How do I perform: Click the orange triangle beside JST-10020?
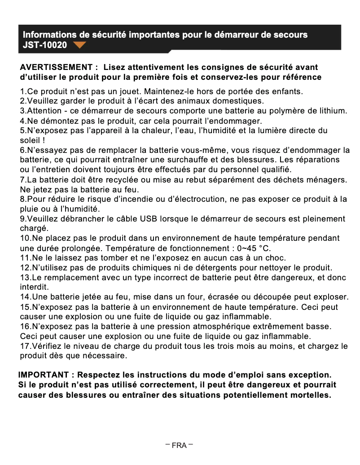79,45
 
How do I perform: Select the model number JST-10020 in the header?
45,45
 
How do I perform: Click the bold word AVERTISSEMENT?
57,67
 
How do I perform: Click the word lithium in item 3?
333,111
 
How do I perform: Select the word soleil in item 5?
30,140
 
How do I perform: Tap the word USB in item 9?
149,219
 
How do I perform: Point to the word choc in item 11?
276,258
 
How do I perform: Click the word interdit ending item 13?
34,287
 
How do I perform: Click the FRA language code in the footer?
179,445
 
